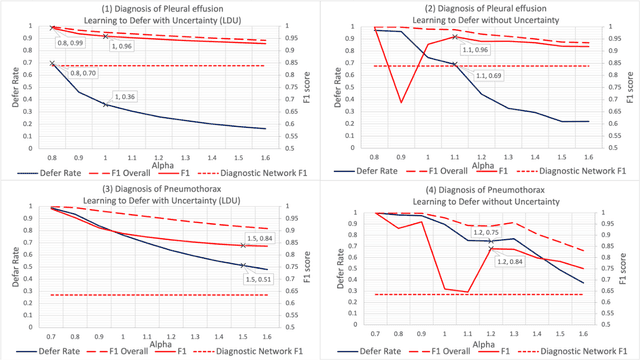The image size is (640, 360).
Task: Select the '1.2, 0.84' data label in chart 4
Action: click(x=511, y=263)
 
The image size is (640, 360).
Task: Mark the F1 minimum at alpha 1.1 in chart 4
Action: click(x=466, y=292)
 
